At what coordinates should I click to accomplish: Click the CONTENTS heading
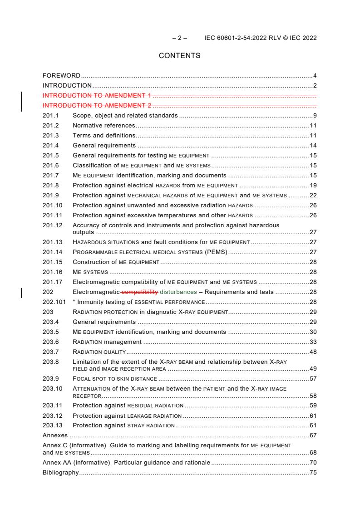pyautogui.click(x=179, y=56)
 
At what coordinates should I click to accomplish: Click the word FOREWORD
pyautogui.click(x=61, y=75)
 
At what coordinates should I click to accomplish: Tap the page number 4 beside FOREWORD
pyautogui.click(x=315, y=75)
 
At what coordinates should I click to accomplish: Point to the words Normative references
pyautogui.click(x=104, y=125)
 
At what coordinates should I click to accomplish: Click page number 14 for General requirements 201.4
pyautogui.click(x=313, y=145)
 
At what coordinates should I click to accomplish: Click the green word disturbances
pyautogui.click(x=178, y=292)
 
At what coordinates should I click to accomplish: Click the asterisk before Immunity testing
pyautogui.click(x=74, y=302)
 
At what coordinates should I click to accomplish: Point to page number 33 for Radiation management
pyautogui.click(x=313, y=342)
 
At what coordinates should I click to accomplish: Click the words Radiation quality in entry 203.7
pyautogui.click(x=99, y=352)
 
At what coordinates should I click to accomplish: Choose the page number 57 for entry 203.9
pyautogui.click(x=313, y=378)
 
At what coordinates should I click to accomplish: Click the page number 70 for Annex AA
pyautogui.click(x=313, y=463)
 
